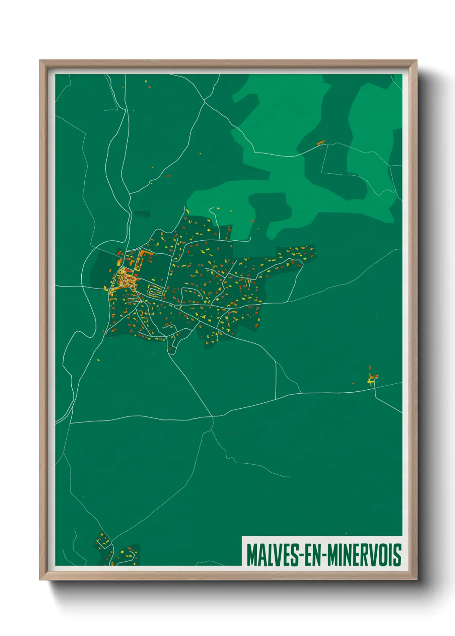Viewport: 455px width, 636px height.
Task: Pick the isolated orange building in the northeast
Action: pos(320,143)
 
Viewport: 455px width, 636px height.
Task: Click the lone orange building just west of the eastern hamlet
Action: pos(353,383)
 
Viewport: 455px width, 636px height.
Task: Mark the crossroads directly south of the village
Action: pos(212,416)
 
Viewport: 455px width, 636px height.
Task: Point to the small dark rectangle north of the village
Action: pos(143,213)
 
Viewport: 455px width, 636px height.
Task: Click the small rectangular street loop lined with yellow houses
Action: pos(154,290)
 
